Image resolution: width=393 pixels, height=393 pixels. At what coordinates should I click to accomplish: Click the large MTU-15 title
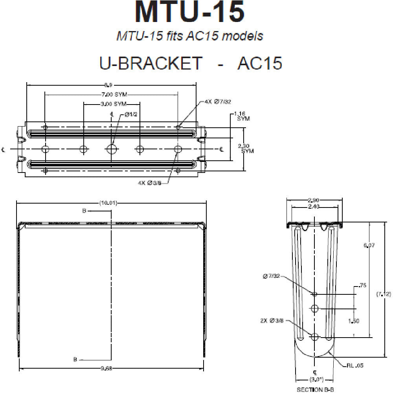(189, 12)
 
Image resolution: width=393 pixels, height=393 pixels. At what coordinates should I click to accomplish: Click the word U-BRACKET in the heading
(150, 63)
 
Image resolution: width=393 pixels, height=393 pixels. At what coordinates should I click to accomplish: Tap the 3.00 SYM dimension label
(112, 104)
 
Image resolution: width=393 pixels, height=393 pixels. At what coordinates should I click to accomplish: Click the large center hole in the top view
(112, 149)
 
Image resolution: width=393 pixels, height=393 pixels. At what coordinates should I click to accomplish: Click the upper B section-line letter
(84, 211)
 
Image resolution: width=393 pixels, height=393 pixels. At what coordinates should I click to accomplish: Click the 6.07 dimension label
(369, 245)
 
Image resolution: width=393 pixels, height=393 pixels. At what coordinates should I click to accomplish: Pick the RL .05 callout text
(355, 365)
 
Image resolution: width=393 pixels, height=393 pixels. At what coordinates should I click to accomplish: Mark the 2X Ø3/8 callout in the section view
(272, 321)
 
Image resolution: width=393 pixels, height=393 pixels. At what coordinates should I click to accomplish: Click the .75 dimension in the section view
(362, 286)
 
